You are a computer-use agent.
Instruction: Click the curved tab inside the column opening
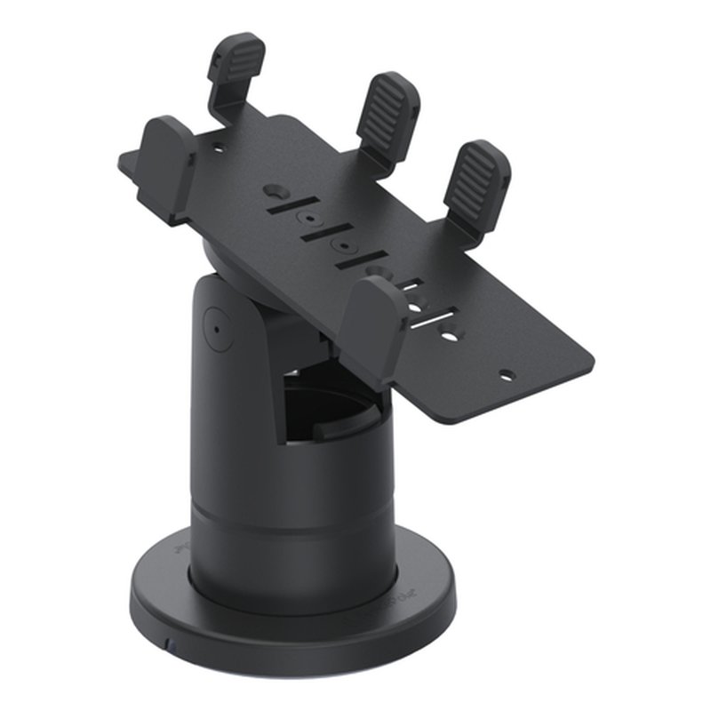pyautogui.click(x=335, y=431)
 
